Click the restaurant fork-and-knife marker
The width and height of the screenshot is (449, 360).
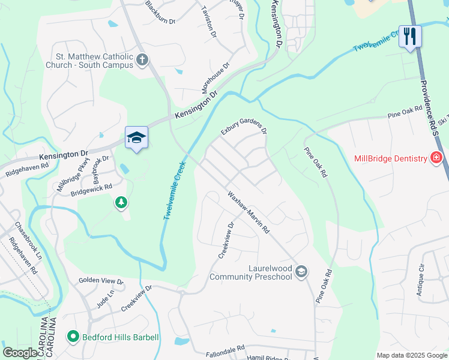click(x=411, y=36)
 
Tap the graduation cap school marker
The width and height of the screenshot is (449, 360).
click(x=136, y=138)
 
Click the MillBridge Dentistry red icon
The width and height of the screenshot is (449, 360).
click(x=436, y=158)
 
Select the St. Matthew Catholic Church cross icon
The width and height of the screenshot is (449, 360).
click(x=142, y=59)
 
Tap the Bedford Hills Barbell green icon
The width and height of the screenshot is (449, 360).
click(x=73, y=337)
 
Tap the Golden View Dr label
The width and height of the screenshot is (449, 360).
click(x=101, y=281)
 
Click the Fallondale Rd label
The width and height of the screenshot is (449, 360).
click(x=225, y=348)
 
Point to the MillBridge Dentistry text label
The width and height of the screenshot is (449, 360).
click(x=390, y=158)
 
